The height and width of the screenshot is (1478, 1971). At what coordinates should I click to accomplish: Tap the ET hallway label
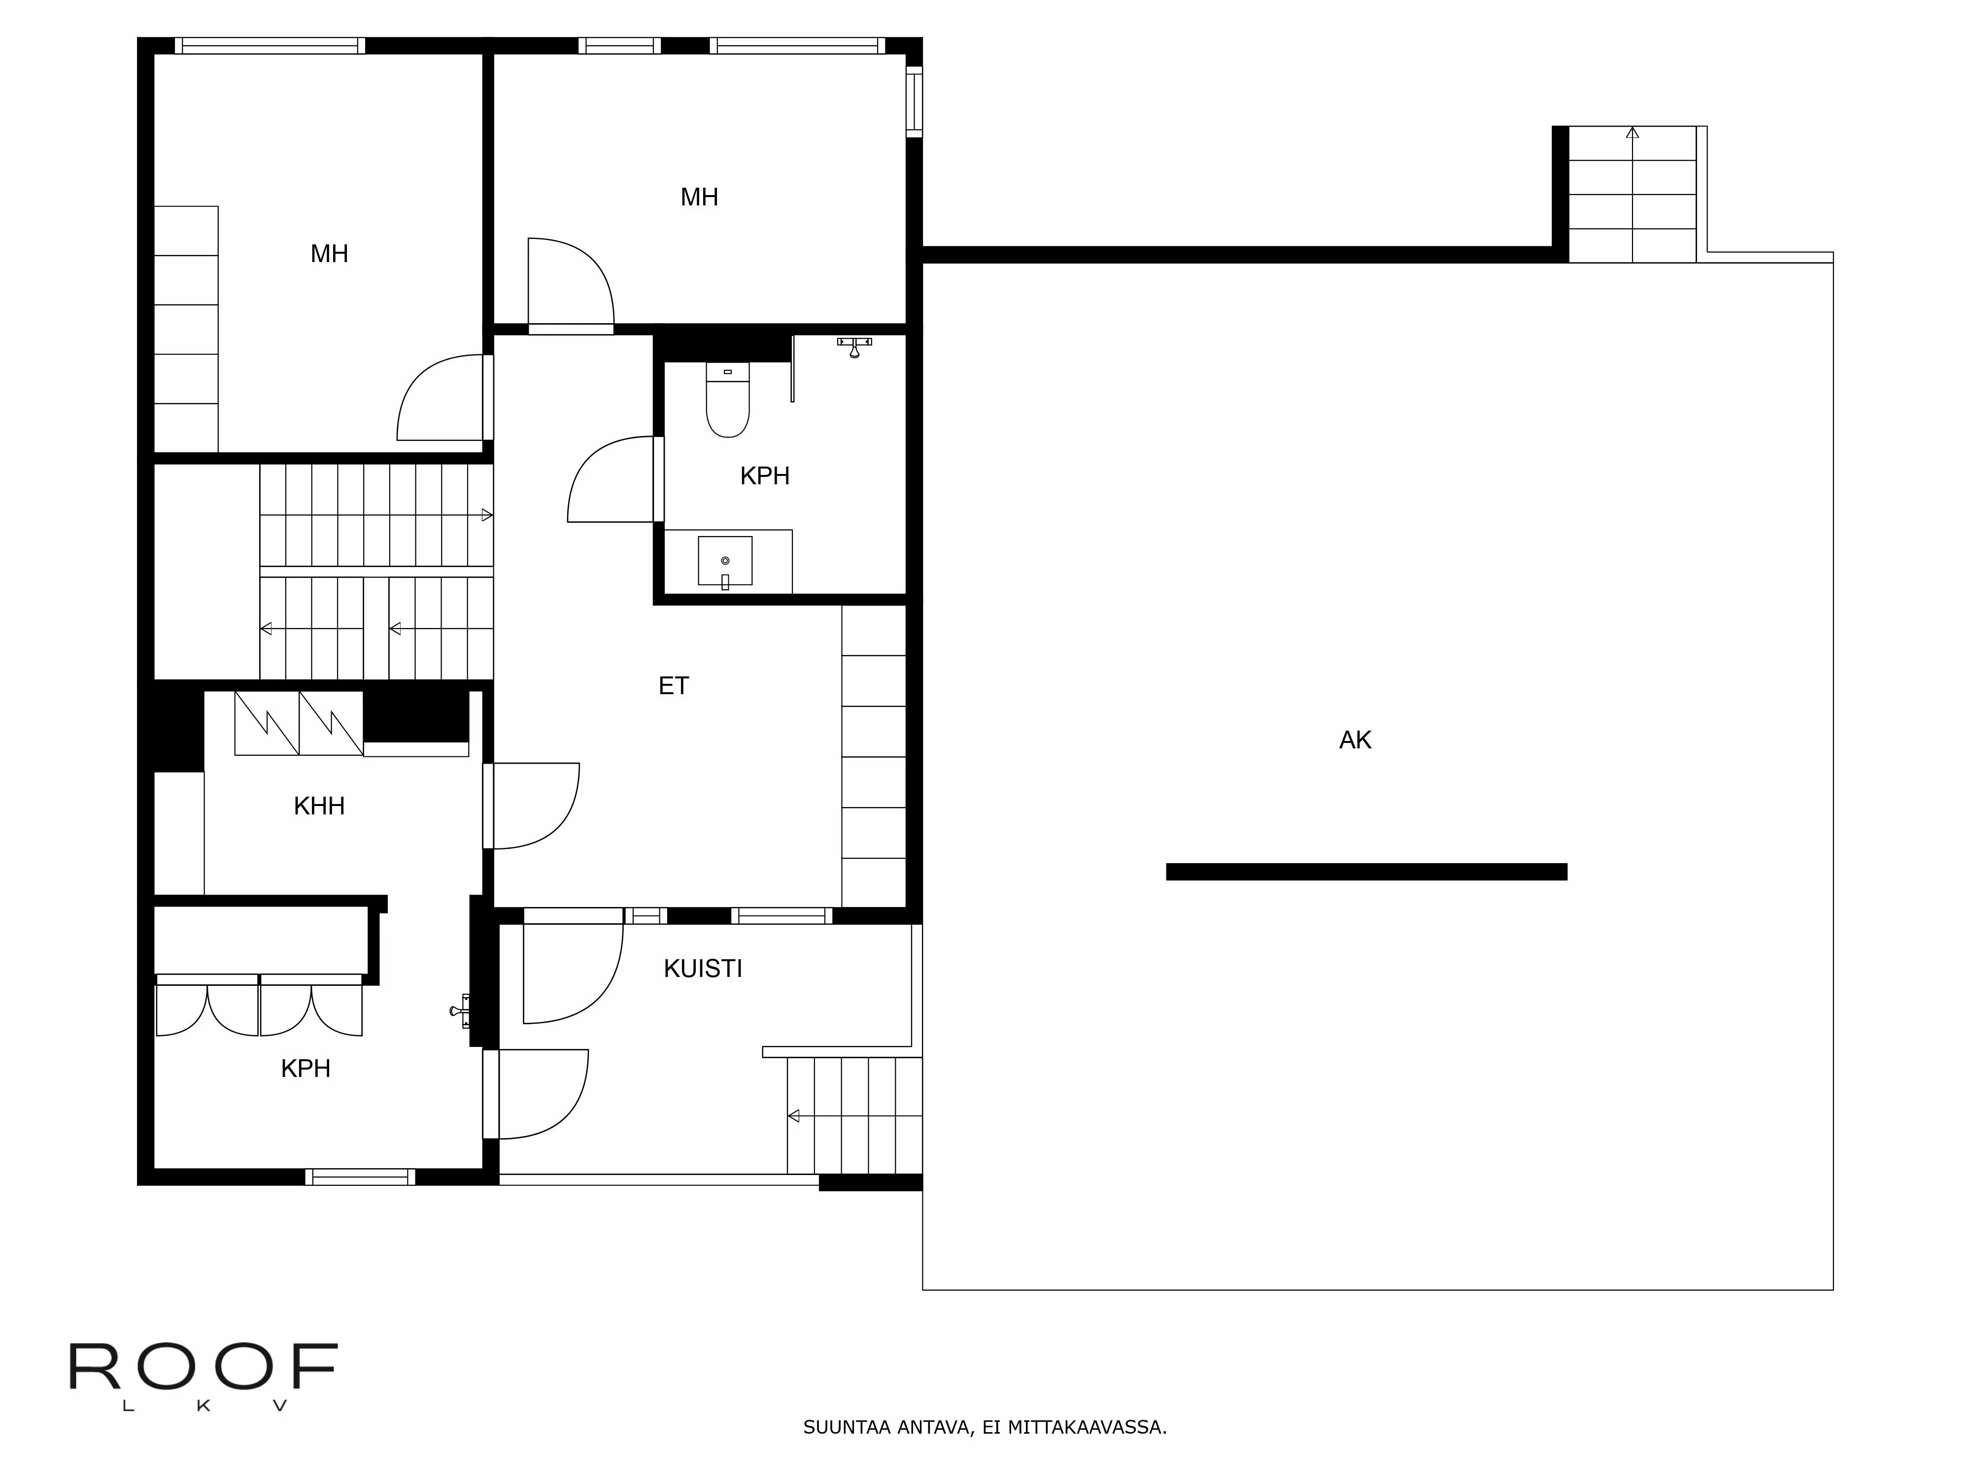674,686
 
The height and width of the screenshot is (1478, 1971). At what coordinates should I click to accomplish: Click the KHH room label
319,806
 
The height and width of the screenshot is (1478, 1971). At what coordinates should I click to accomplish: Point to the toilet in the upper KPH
727,403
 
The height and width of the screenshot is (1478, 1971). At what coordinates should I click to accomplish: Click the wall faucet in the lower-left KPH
460,1010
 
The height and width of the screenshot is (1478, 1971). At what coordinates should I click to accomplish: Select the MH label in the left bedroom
329,254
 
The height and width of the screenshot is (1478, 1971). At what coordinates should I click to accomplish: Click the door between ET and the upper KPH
613,479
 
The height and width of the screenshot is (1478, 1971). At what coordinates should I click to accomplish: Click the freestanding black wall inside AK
1366,872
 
